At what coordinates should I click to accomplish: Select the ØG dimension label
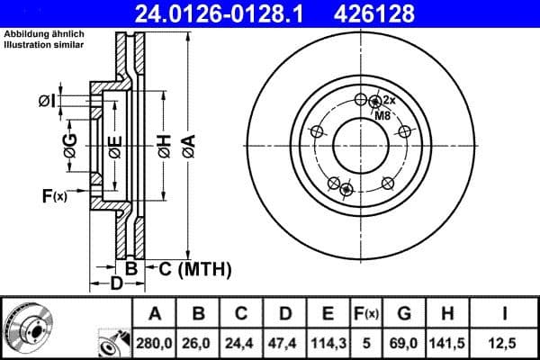click(70, 142)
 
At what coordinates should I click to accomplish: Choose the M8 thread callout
click(382, 114)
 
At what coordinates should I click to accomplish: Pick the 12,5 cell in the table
click(508, 342)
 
